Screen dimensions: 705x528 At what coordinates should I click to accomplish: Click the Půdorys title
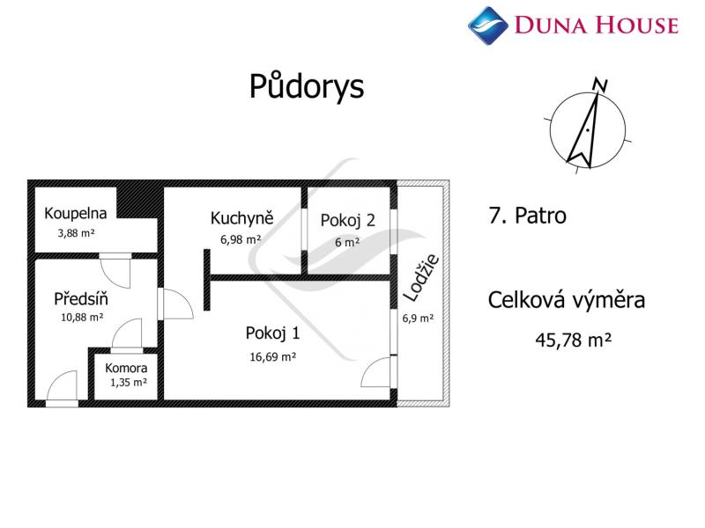coord(307,86)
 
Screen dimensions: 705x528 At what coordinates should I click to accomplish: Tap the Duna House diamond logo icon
coord(488,26)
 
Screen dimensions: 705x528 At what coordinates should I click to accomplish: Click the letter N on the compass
coord(600,84)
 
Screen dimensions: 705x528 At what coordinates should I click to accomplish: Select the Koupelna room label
coord(76,213)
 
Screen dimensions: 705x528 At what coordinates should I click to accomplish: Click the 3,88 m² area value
coord(76,233)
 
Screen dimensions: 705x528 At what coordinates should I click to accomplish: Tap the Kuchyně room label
coord(241,217)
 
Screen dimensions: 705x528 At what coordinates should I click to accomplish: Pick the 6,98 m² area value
coord(241,239)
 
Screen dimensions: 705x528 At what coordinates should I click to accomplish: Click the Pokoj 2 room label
coord(347,221)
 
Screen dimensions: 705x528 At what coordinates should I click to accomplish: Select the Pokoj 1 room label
coord(272,334)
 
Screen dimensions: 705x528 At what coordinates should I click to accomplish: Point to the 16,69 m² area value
coord(273,357)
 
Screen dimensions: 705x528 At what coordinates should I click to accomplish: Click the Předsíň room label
coord(81,298)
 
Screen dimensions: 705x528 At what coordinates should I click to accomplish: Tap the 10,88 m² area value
coord(82,317)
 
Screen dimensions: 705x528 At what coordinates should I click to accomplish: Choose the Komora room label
coord(126,368)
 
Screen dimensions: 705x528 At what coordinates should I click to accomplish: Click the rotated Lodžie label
coord(421,278)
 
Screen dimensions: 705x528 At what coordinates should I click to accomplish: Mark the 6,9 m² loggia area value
coord(418,319)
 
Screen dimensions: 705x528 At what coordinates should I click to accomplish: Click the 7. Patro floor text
coord(527,216)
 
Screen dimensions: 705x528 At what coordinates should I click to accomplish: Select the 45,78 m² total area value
coord(574,340)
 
